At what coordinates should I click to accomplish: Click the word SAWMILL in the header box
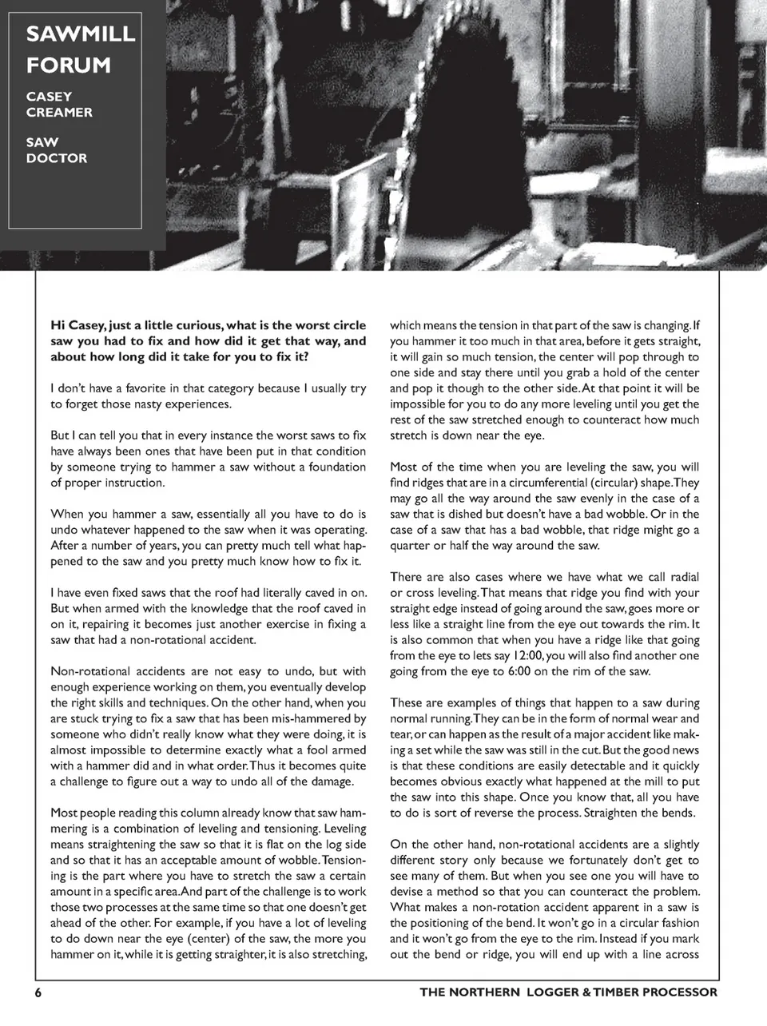coord(81,34)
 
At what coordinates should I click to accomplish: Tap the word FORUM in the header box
coord(68,66)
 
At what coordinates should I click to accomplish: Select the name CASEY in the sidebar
coord(50,97)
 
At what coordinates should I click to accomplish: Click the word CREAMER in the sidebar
coord(59,113)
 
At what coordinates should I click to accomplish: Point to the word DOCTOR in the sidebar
coord(57,158)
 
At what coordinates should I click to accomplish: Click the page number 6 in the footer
coord(38,992)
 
